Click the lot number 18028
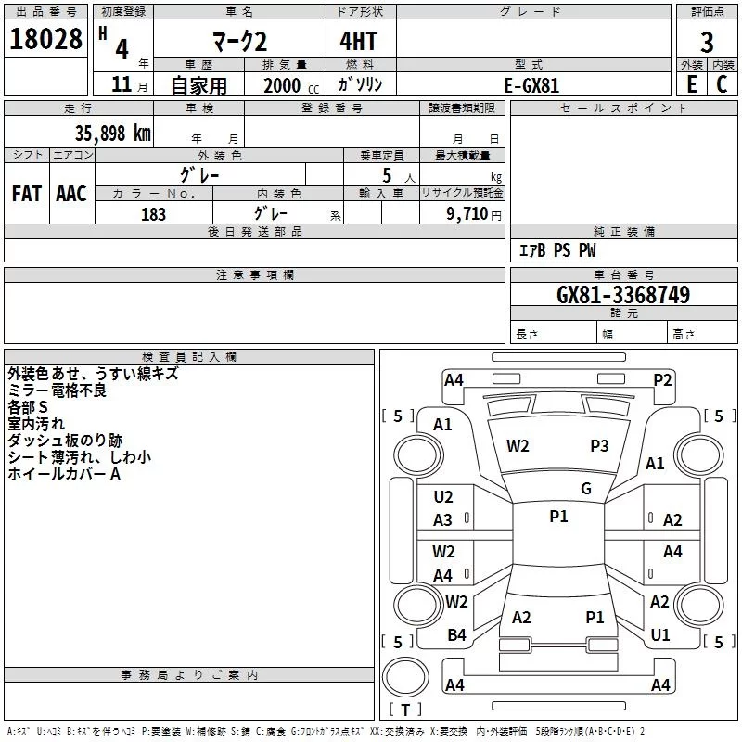pos(46,39)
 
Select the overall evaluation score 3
pos(707,42)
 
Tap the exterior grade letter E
pos(691,84)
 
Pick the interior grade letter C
pos(723,84)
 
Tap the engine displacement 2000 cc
pos(288,85)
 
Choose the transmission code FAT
pos(26,194)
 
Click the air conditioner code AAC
pos(70,194)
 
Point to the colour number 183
pos(153,214)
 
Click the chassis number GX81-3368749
pos(622,295)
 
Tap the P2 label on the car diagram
pos(662,379)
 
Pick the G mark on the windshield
pos(585,489)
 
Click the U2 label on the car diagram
pos(443,497)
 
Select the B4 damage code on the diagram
pos(456,635)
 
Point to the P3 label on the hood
pos(599,446)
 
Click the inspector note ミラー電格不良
pos(57,390)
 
